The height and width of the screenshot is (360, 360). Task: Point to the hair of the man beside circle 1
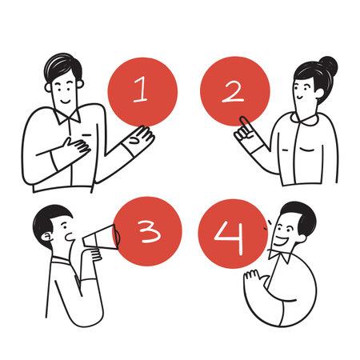[62, 66]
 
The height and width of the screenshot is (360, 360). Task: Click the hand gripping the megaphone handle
[90, 254]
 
